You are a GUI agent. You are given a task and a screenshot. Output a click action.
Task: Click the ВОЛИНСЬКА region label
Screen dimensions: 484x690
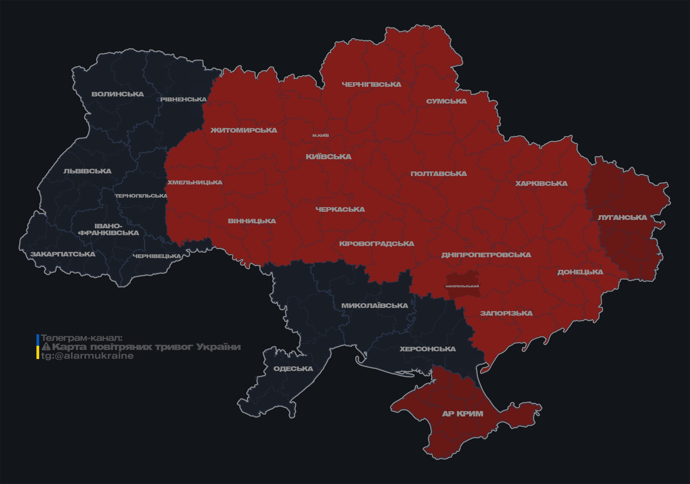[118, 94]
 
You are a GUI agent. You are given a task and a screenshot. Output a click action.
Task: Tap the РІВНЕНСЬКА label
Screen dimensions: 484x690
[183, 99]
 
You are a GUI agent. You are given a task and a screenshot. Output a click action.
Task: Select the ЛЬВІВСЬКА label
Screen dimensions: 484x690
[88, 171]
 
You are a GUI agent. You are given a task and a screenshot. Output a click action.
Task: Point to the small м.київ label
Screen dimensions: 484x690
[321, 135]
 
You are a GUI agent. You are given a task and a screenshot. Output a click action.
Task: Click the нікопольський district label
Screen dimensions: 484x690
[462, 286]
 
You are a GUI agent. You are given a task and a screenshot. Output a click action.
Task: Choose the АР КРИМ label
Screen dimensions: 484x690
[462, 414]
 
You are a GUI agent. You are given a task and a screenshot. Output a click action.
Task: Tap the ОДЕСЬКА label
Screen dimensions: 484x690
[293, 369]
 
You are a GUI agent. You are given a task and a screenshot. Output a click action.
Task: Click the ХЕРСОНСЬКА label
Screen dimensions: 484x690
[428, 349]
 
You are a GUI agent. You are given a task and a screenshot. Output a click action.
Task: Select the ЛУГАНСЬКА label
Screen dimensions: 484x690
[622, 217]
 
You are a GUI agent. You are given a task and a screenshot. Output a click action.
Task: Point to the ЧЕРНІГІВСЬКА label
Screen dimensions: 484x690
[371, 84]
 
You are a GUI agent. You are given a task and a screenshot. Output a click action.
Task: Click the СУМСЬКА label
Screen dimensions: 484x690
[446, 101]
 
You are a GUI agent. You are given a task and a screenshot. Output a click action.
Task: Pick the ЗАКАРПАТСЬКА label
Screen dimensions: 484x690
[63, 254]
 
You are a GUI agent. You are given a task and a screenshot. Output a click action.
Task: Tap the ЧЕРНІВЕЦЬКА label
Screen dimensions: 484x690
[157, 256]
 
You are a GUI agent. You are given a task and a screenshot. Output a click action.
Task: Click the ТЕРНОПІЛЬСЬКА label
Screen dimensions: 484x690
[141, 196]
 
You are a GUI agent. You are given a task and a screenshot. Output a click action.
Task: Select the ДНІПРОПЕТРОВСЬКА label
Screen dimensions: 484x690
[486, 255]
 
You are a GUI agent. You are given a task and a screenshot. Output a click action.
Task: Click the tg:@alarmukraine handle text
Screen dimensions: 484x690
[87, 356]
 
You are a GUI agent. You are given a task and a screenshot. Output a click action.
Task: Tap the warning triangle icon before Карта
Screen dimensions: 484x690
[46, 347]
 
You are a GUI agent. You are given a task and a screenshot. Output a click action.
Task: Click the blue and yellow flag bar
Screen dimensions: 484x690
[38, 347]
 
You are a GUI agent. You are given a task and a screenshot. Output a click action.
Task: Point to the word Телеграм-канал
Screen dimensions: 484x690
[82, 338]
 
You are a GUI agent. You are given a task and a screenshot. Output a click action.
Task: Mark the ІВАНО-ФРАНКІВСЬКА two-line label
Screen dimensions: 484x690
[109, 229]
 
